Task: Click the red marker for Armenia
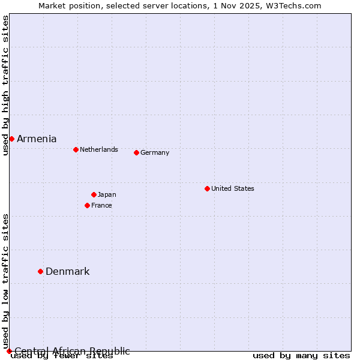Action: tap(11, 139)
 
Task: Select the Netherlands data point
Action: tap(76, 149)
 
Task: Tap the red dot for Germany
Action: tap(136, 152)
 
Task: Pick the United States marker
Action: tap(207, 188)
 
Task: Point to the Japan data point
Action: tap(94, 194)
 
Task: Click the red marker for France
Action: tap(87, 205)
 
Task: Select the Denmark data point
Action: tap(40, 271)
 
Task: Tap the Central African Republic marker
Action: tap(9, 351)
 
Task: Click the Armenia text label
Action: tap(37, 139)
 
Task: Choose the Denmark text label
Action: tap(67, 271)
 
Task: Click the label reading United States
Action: tap(232, 188)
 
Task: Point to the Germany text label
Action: tap(155, 152)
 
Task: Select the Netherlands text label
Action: tap(98, 149)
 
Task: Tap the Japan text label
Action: tap(107, 194)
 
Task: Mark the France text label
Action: tap(101, 205)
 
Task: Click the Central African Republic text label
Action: tap(72, 351)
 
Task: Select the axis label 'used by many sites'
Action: tap(301, 356)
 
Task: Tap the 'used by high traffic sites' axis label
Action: tap(5, 85)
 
